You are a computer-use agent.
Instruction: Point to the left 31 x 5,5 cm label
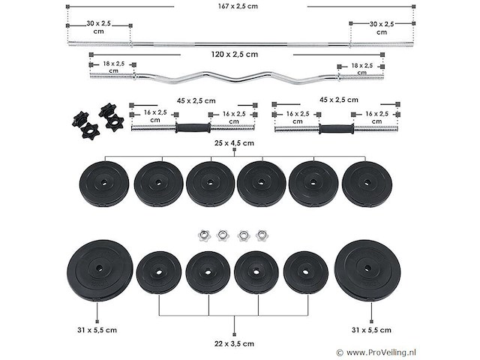tap(97, 329)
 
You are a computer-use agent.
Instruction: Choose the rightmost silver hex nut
tap(262, 235)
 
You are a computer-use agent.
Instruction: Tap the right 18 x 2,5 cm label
tap(365, 66)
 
